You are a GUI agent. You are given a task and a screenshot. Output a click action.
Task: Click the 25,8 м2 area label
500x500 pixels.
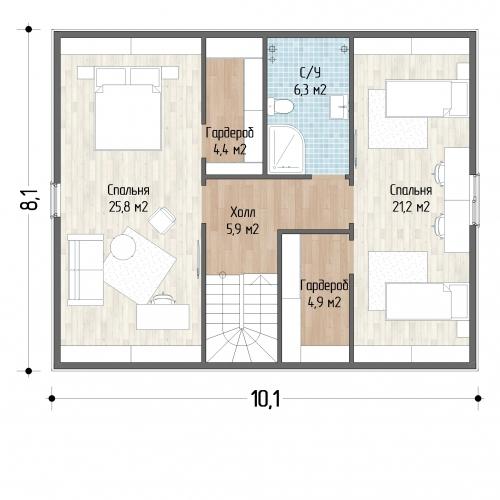coord(128,207)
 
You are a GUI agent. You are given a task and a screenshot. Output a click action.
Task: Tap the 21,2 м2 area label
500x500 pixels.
coord(411,207)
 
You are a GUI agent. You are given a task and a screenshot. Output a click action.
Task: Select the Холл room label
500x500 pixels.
coord(243,212)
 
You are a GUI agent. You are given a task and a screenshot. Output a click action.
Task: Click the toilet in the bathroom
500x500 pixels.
coord(281,106)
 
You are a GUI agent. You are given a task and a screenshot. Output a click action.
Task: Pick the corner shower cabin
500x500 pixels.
coord(286,149)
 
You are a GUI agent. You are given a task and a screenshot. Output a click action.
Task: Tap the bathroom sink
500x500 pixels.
coord(339,107)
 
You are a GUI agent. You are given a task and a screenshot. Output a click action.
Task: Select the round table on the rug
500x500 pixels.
coord(123,247)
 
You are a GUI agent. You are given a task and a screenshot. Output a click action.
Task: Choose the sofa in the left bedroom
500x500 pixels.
coord(85,270)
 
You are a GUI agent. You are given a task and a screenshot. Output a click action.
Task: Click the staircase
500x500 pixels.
coord(241,318)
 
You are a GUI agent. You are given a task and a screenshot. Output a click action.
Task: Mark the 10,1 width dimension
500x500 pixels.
coord(265,399)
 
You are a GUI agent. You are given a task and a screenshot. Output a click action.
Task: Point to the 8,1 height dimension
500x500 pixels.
coord(29,199)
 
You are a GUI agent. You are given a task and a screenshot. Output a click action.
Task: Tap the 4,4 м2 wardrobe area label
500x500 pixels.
coord(230,150)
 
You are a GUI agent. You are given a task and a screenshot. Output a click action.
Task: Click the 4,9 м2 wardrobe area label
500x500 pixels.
coord(324,303)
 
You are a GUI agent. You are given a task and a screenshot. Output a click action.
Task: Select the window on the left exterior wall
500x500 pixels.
coord(54,200)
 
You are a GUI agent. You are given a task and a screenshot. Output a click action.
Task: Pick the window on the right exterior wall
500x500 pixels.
coord(475,199)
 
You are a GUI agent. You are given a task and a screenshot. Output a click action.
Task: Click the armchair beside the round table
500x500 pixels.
coord(162,220)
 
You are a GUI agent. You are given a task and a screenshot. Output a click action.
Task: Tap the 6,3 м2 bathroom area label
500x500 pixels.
coord(310,90)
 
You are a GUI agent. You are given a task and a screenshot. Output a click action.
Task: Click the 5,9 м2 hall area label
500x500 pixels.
coord(243,229)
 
